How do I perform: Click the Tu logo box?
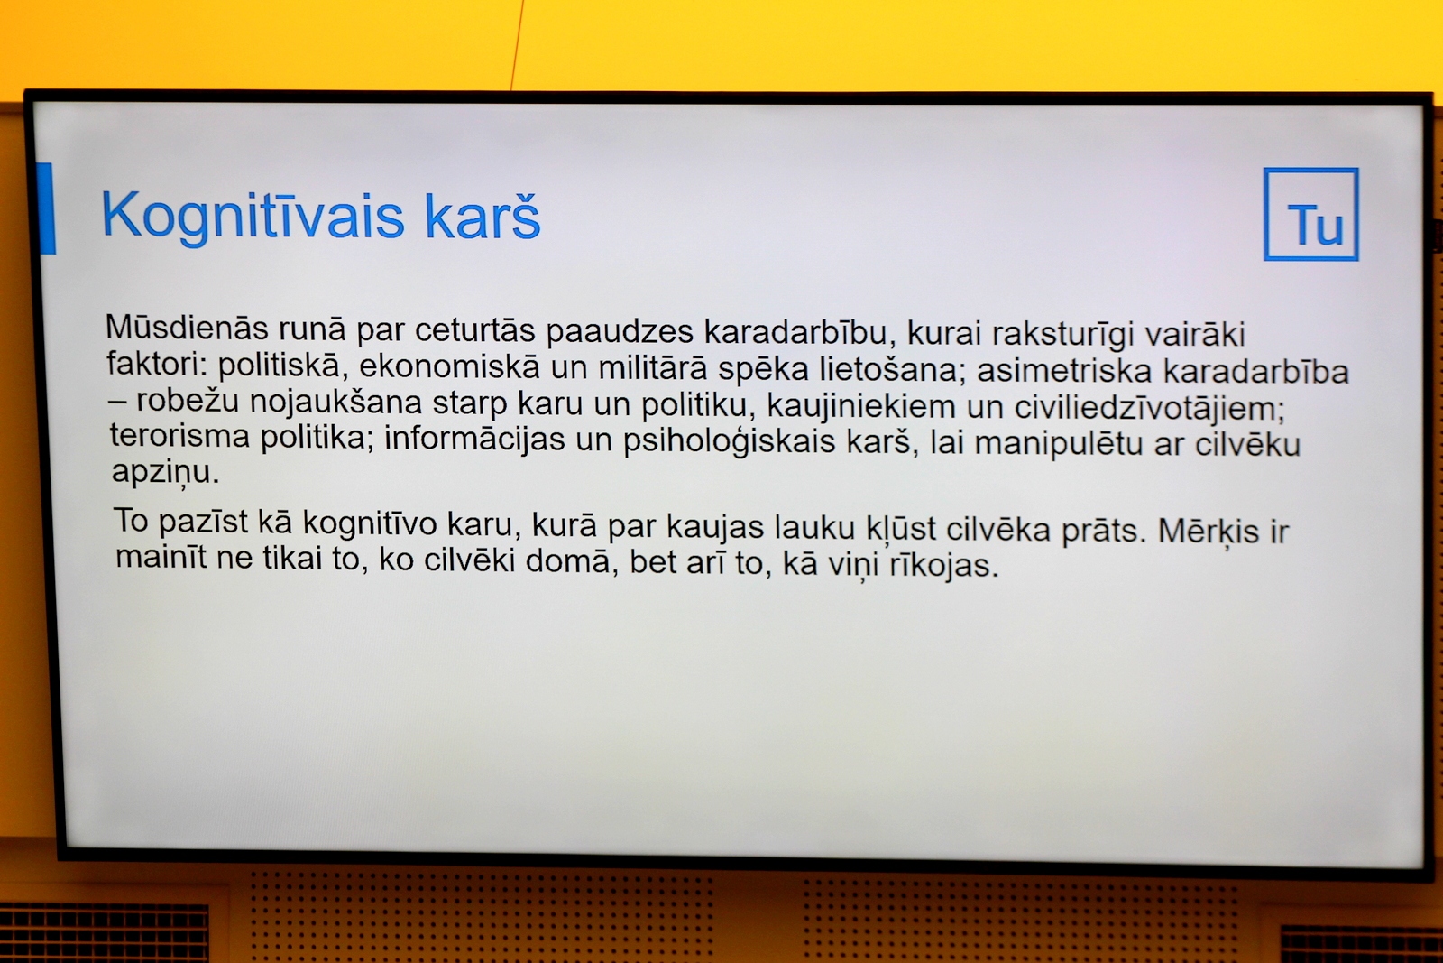point(1311,215)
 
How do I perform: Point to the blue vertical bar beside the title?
point(46,208)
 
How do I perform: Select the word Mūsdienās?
point(187,328)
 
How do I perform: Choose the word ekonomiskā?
point(449,366)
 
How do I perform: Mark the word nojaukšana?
point(335,402)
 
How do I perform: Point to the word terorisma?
point(179,436)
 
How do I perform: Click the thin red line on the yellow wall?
point(518,45)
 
